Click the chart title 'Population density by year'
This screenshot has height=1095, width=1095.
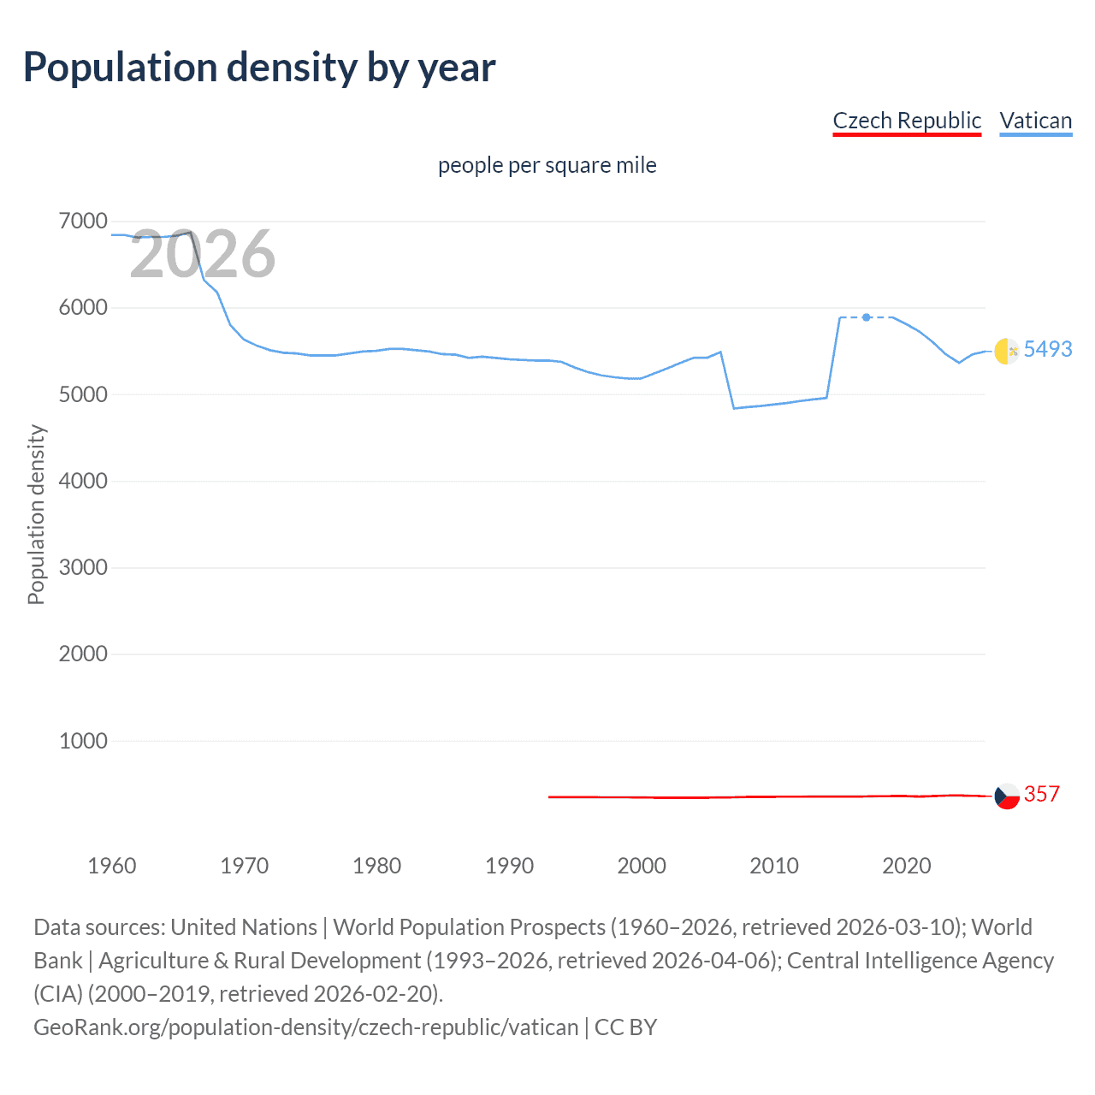259,68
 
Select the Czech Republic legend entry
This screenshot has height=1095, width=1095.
907,121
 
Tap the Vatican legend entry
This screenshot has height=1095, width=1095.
1035,121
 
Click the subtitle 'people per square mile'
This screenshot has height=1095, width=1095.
547,165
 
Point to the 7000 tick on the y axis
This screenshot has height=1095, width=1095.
83,222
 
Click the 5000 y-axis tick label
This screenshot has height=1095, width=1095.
83,394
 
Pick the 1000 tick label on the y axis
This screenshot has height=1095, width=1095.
83,741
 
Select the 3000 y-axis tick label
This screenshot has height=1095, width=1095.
83,567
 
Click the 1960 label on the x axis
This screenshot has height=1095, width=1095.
112,866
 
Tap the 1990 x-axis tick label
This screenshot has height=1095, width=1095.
509,866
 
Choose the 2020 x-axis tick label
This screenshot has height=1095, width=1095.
906,866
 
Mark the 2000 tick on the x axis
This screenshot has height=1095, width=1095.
642,866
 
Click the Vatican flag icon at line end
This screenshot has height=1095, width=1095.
1007,351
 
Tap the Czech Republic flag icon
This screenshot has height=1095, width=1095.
1007,796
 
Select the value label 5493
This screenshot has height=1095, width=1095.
1047,349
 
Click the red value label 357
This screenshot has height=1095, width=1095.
1041,794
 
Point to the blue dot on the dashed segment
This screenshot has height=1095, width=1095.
867,317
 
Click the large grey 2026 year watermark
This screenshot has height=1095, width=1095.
202,254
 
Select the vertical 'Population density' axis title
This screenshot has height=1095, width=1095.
36,515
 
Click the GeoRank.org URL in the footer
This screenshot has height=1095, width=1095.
305,1027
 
